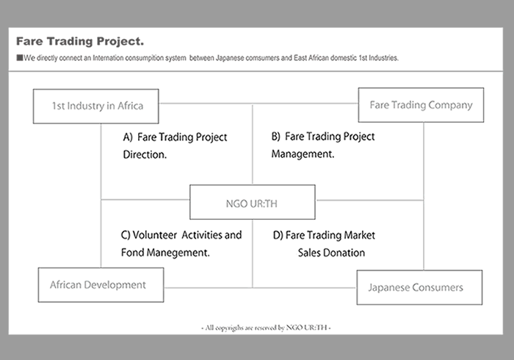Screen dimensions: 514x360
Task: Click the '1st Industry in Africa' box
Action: pos(96,107)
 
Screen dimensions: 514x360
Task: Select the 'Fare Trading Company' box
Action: pos(421,105)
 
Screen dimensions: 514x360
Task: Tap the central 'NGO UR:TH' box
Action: pos(253,202)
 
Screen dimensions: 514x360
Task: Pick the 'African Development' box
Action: pos(101,285)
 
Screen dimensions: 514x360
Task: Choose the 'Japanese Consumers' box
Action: pos(419,287)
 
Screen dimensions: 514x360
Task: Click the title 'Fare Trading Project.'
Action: pos(80,41)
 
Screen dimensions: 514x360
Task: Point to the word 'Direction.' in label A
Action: pos(145,154)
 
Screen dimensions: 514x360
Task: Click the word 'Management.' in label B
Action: pos(303,154)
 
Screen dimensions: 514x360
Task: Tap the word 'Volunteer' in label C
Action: pos(155,235)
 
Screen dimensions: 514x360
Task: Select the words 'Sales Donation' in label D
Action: pos(331,253)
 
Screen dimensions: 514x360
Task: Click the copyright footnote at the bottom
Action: pos(266,328)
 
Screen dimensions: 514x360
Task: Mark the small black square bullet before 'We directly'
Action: pos(20,58)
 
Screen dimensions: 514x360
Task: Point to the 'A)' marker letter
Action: pos(128,137)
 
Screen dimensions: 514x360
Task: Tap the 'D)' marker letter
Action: pos(278,235)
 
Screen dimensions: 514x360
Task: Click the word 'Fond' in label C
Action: pos(132,253)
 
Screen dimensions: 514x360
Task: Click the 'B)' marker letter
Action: pos(276,137)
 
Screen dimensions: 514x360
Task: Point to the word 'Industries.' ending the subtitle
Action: pos(383,58)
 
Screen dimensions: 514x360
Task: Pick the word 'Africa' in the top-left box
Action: pos(131,106)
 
